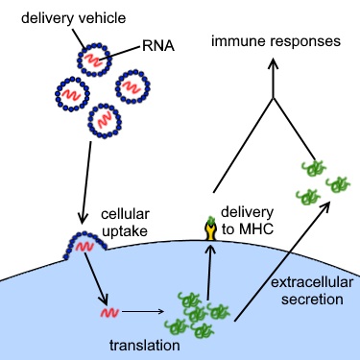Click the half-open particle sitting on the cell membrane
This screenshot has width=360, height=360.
(82, 247)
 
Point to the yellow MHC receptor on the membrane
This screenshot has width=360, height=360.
(209, 229)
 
